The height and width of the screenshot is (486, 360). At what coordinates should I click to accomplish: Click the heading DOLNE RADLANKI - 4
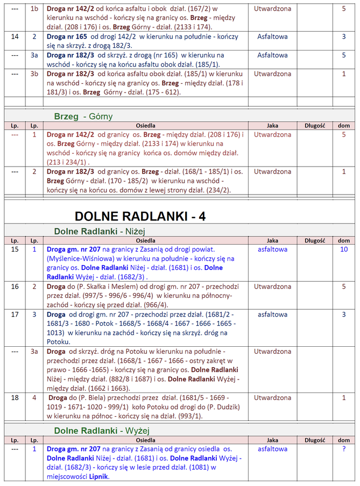(x=139, y=216)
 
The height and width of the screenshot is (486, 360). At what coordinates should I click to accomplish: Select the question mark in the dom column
(x=344, y=448)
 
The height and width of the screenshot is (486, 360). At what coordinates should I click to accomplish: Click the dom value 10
(x=344, y=249)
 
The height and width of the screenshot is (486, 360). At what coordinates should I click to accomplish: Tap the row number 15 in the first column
(x=15, y=249)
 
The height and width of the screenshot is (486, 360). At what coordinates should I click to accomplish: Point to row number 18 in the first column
(x=15, y=398)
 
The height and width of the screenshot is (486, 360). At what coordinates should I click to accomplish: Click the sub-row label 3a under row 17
(x=34, y=352)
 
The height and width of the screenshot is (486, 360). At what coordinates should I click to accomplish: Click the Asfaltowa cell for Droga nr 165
(x=272, y=37)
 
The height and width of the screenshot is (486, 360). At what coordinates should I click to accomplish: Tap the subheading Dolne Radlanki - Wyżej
(x=101, y=430)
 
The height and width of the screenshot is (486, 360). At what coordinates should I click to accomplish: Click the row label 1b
(x=34, y=9)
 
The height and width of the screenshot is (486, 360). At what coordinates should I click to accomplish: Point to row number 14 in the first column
(x=15, y=37)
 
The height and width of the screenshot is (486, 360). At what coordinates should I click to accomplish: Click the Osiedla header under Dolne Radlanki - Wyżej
(x=145, y=440)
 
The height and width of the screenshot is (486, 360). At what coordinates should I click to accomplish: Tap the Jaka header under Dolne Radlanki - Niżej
(x=272, y=240)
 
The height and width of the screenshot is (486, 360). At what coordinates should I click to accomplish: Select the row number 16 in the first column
(x=15, y=287)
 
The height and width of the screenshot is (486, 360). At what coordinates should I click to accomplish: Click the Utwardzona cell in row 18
(x=272, y=398)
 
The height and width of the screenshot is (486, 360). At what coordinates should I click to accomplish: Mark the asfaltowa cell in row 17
(x=272, y=315)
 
